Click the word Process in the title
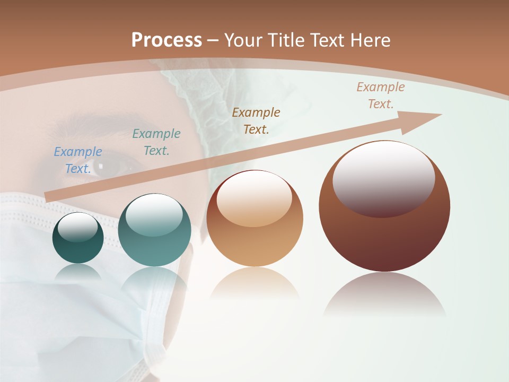coord(166,40)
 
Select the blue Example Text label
coord(77,160)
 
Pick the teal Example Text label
coord(156,142)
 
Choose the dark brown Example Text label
coord(256,120)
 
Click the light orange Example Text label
coord(380,95)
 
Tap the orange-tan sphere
coord(254,233)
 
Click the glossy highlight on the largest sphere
coord(383,178)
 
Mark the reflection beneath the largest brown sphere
coord(384,294)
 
